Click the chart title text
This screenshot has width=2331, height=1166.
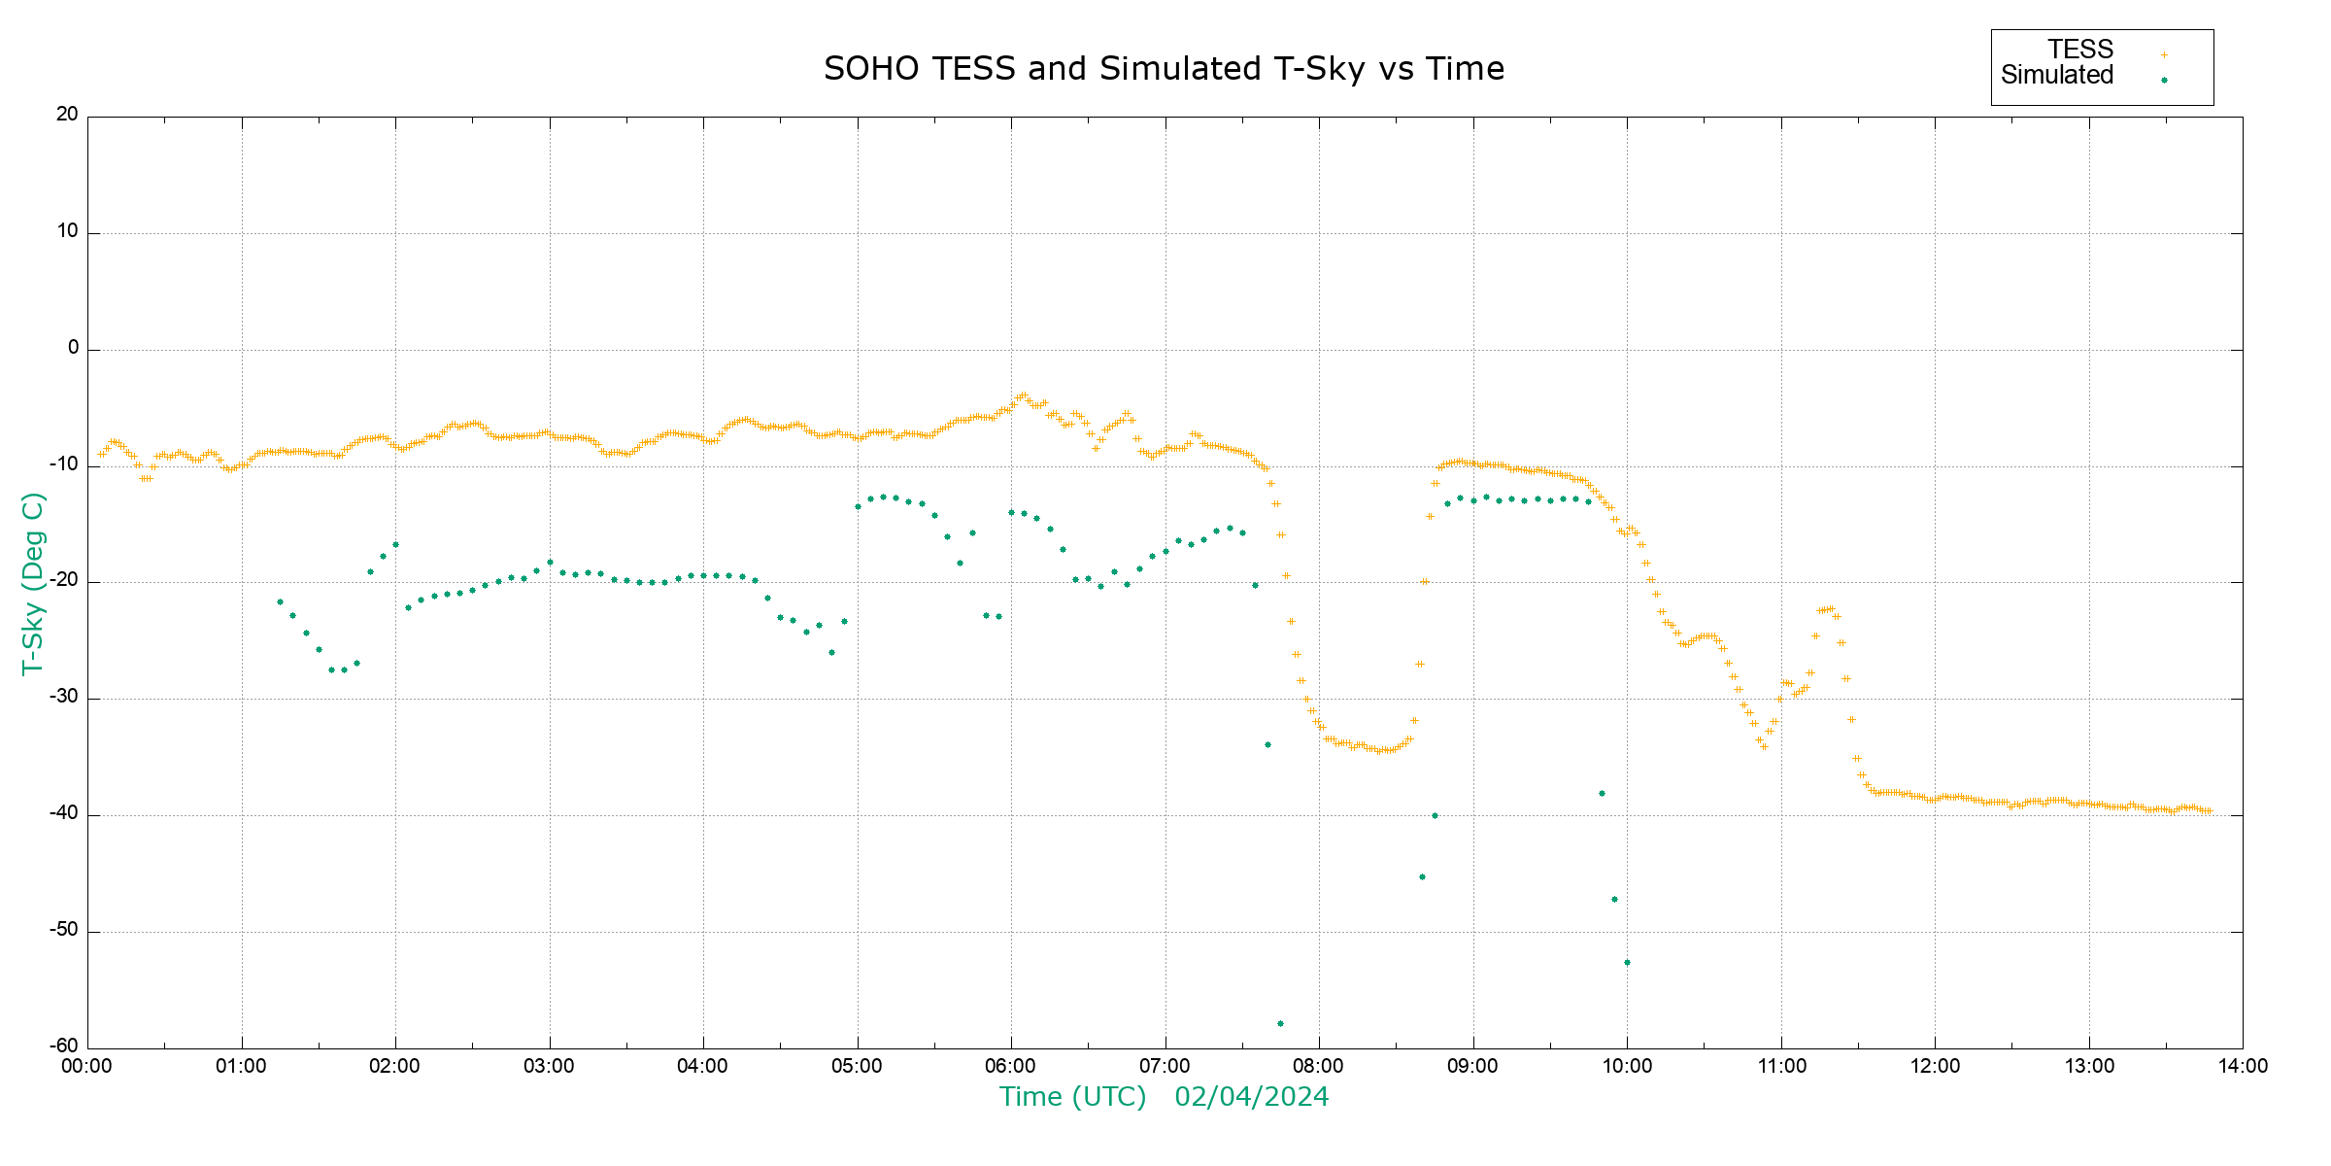1164,69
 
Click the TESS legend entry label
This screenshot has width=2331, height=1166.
2080,50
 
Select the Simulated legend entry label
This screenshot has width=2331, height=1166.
2057,75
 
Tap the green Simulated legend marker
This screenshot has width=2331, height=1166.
2164,81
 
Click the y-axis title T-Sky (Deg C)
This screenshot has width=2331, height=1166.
33,583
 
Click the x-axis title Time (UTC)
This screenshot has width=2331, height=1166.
1072,1097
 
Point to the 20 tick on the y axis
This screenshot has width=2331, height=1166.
67,115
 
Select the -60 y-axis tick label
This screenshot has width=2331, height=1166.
64,1046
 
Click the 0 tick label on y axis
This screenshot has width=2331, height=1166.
73,348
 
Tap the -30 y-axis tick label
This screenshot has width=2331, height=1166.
64,697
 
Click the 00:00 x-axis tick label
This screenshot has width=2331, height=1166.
86,1066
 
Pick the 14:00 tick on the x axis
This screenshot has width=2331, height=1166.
2243,1066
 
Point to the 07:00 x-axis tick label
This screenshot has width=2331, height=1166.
1165,1066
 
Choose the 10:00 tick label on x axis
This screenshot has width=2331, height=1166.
1627,1066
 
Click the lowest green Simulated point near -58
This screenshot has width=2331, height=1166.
1280,1023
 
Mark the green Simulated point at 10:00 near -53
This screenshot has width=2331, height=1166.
1627,963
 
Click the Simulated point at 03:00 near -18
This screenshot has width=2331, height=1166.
550,563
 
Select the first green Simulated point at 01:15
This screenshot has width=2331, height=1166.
280,602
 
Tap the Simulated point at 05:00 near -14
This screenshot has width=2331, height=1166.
858,506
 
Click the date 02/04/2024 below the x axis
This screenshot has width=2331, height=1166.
1251,1097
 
